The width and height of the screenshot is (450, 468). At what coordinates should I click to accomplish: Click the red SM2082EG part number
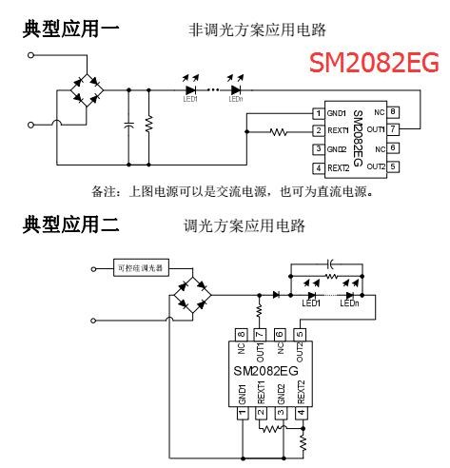tap(373, 64)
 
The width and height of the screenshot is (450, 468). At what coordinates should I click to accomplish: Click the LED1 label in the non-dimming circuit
tap(190, 96)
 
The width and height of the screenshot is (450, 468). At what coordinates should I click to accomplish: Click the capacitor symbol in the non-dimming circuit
tap(127, 125)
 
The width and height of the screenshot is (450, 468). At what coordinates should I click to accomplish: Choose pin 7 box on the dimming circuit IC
tap(258, 334)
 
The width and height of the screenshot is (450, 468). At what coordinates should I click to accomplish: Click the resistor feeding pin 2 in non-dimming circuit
tap(279, 131)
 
